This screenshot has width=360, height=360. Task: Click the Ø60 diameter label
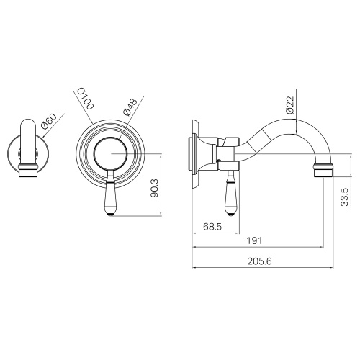(49, 122)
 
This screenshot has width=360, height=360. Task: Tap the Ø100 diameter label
(86, 99)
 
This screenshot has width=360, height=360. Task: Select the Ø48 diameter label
(130, 107)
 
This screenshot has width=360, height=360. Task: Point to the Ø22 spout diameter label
(290, 105)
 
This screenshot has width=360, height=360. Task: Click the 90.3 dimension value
(155, 188)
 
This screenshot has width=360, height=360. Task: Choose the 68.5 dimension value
(212, 227)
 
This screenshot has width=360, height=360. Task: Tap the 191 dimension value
(255, 240)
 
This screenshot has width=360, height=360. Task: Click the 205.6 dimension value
(260, 261)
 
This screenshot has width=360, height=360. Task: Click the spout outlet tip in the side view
(323, 170)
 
